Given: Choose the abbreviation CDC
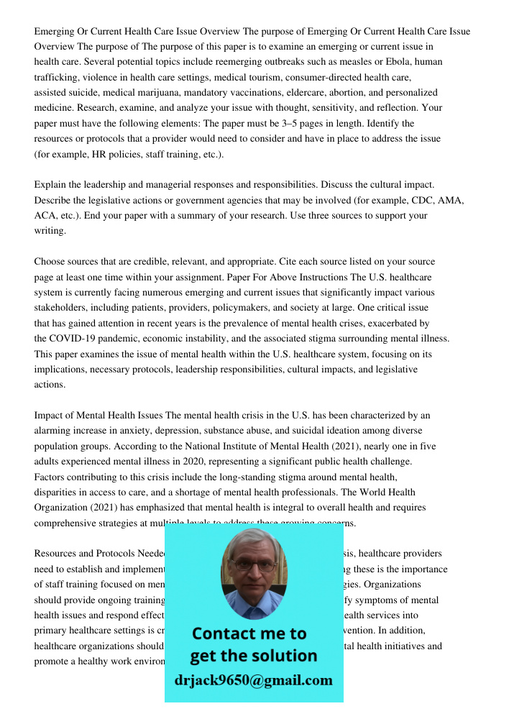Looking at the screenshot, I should click(x=418, y=201).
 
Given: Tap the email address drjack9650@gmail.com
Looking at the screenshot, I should click(x=253, y=680).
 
